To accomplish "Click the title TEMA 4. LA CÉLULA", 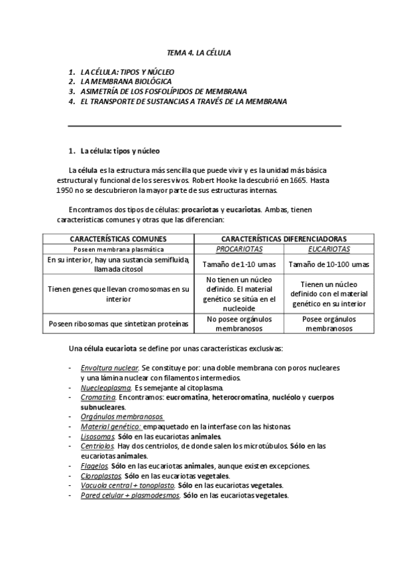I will click(198, 52).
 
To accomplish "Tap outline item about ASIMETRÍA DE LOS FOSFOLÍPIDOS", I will click(163, 91).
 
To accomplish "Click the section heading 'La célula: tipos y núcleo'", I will click(119, 151).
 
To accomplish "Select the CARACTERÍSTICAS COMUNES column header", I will click(118, 239).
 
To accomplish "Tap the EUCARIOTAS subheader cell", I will click(329, 249).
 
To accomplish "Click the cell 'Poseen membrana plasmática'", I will click(118, 249).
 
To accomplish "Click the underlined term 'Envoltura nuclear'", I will click(109, 367).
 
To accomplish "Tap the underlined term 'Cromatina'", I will click(98, 397).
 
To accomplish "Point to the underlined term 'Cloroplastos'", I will click(101, 476).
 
